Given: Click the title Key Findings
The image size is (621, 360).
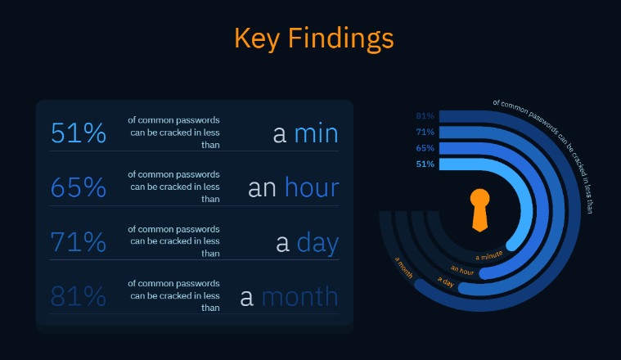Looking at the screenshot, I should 313,38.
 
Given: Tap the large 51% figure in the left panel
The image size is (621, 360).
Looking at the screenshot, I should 79,133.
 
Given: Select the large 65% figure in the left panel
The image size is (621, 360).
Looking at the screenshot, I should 79,188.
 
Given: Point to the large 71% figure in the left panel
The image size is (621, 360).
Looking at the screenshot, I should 79,242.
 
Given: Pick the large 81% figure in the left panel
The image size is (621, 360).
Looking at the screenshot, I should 79,296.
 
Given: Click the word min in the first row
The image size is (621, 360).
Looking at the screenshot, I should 316,133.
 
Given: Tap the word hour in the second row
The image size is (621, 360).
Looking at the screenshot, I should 311,188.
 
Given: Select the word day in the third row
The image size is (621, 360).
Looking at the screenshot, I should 317,242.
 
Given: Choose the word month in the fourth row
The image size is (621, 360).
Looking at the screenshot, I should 299,296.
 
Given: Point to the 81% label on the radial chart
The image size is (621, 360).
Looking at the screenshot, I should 425,115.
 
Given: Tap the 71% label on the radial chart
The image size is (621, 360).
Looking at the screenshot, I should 425,132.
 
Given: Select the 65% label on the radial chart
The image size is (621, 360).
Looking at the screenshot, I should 425,148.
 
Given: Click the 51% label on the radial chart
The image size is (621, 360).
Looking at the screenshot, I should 425,164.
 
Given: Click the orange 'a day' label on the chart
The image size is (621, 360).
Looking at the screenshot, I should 446,282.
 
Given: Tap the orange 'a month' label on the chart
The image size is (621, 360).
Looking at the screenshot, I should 404,268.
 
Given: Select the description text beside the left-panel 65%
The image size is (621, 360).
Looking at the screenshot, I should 173,187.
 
